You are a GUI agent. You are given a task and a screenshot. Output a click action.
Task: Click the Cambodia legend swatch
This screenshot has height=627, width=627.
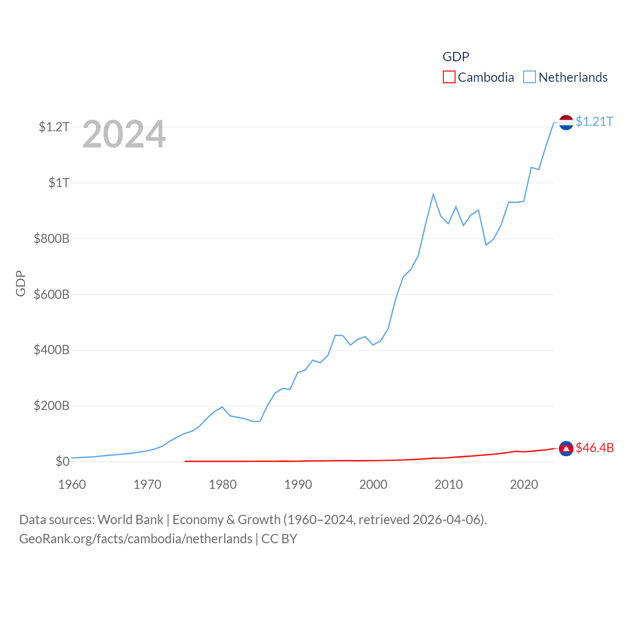pyautogui.click(x=449, y=77)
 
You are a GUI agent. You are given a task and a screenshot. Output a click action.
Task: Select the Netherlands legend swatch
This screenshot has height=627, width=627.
pyautogui.click(x=530, y=77)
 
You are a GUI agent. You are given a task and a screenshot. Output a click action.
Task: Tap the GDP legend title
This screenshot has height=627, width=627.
pyautogui.click(x=456, y=57)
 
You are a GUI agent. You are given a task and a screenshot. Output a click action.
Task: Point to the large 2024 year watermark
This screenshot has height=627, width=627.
pyautogui.click(x=124, y=134)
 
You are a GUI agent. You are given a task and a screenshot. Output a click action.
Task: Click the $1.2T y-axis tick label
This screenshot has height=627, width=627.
pyautogui.click(x=54, y=127)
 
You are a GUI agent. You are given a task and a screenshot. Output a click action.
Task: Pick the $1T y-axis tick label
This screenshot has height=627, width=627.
pyautogui.click(x=59, y=183)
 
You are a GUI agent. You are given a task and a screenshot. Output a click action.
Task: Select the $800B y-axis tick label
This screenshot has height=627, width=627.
pyautogui.click(x=51, y=239)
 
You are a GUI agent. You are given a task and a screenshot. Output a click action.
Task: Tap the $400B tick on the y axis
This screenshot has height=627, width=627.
pyautogui.click(x=51, y=350)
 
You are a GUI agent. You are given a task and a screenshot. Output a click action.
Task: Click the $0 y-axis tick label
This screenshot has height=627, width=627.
pyautogui.click(x=62, y=461)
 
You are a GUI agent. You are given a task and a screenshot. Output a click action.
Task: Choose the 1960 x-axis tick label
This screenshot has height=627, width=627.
pyautogui.click(x=72, y=485)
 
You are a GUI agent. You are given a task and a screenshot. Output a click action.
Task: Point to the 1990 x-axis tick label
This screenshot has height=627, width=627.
pyautogui.click(x=298, y=485)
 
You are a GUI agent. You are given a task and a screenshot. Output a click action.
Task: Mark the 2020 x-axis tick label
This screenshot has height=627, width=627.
pyautogui.click(x=524, y=485)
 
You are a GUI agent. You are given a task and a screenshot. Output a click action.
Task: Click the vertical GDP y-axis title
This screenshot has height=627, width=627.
pyautogui.click(x=21, y=283)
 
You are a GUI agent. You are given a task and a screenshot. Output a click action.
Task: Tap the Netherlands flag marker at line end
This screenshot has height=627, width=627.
pyautogui.click(x=566, y=122)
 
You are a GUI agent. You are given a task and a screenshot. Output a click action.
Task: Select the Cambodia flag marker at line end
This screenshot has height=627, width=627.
pyautogui.click(x=566, y=449)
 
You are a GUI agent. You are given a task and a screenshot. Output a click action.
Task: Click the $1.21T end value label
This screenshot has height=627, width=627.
pyautogui.click(x=594, y=121)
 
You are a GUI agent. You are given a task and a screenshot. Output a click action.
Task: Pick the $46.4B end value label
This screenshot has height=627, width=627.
pyautogui.click(x=595, y=448)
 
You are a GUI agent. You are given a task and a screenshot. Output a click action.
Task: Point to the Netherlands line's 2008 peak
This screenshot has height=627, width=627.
pyautogui.click(x=433, y=194)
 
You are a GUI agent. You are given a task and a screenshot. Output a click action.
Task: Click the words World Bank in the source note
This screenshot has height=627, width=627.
pyautogui.click(x=130, y=520)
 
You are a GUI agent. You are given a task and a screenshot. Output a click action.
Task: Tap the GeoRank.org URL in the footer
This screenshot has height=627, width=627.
pyautogui.click(x=136, y=539)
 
